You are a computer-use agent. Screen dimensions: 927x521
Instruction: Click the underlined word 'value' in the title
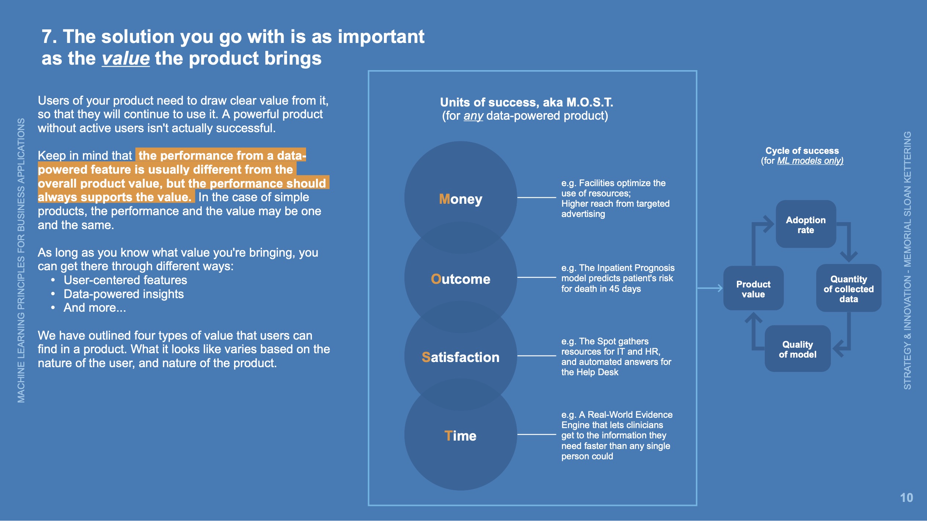[x=126, y=59]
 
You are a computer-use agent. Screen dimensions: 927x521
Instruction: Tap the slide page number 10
[x=906, y=498]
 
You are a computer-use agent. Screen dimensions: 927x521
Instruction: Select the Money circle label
[x=461, y=199]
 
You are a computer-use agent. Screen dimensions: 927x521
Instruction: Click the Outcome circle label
[x=461, y=279]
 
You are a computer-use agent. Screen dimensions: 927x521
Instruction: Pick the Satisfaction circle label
[x=461, y=357]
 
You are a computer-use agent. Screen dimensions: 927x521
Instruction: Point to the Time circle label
[x=461, y=436]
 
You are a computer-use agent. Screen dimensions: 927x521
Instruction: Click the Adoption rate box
[x=806, y=225]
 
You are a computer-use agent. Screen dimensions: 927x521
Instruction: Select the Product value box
[x=753, y=289]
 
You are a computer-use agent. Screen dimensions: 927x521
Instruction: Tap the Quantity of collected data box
[x=848, y=289]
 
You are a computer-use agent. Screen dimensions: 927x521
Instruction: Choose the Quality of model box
[x=797, y=349]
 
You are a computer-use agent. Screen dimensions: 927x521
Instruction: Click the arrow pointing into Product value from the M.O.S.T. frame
[x=710, y=288]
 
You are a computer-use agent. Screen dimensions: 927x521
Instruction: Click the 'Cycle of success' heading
[x=802, y=151]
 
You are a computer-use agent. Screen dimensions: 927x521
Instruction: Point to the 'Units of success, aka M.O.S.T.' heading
[x=526, y=102]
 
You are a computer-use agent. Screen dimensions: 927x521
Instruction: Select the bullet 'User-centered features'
[x=125, y=280]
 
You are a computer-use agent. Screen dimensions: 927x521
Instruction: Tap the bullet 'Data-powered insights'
[x=124, y=294]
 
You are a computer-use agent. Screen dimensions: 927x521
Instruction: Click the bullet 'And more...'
[x=95, y=308]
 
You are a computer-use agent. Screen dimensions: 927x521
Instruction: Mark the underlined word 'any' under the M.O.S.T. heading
[x=473, y=116]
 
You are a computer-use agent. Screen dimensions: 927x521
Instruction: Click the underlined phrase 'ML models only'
[x=810, y=161]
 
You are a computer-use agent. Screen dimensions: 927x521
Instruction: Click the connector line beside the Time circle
[x=537, y=434]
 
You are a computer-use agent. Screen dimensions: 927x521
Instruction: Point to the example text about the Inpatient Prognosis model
[x=618, y=278]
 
